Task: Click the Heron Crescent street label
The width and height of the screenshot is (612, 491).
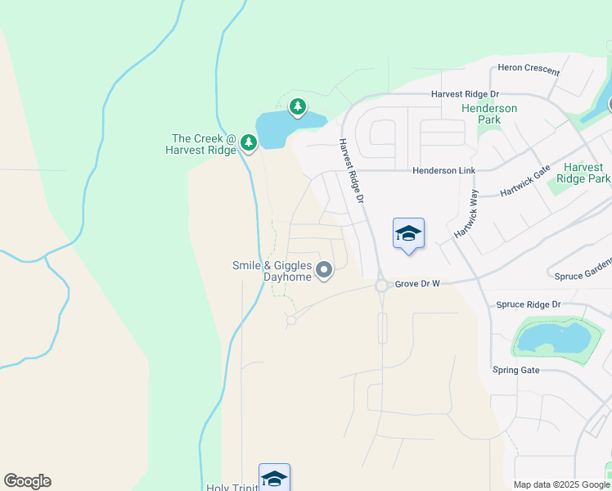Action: click(529, 71)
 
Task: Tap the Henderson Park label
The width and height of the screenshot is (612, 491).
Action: click(489, 114)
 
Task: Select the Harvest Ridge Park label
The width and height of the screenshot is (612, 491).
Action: click(583, 173)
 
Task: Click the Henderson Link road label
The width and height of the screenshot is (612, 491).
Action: click(443, 170)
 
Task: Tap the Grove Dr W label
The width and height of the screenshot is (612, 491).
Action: click(418, 284)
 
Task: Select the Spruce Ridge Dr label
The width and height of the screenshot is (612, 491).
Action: click(528, 304)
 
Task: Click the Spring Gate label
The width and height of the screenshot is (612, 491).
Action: click(516, 370)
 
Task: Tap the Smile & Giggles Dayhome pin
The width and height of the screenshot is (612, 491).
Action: click(324, 269)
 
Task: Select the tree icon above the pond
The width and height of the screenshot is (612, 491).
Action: click(297, 106)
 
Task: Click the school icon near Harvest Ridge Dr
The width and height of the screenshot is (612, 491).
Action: click(408, 234)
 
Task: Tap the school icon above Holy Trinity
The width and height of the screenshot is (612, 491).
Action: click(274, 478)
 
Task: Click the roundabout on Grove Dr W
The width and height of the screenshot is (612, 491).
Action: click(380, 286)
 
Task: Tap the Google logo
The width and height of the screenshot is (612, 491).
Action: click(27, 481)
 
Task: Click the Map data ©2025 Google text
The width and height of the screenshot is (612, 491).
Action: click(560, 484)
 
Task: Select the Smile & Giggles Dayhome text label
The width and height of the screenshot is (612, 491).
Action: click(272, 271)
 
